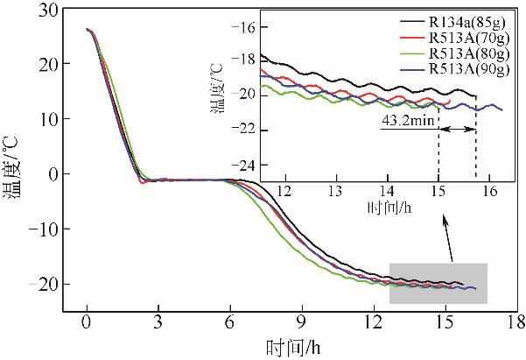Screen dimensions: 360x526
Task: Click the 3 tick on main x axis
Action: tap(158, 321)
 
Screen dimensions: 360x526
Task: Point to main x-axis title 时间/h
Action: tap(293, 346)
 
